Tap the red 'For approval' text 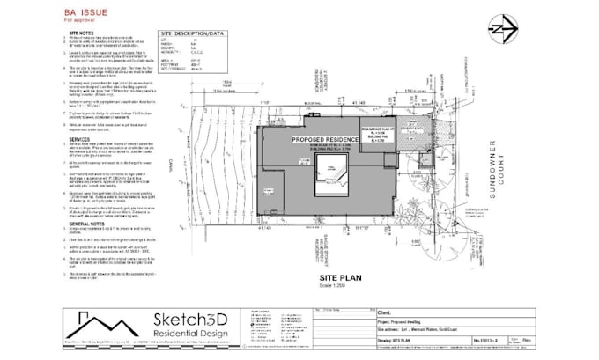(78, 20)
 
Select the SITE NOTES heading (82, 33)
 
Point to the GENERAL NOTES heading (86, 225)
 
